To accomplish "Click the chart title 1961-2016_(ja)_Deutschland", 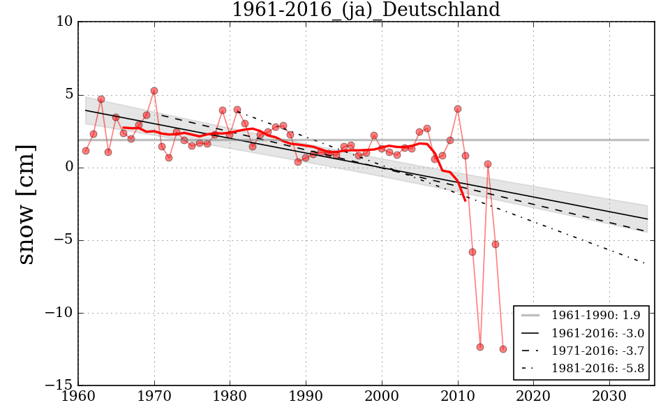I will pos(366,10).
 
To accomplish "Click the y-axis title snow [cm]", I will pos(26,204).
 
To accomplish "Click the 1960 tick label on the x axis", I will pos(78,396).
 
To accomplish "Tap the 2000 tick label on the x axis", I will pos(382,396).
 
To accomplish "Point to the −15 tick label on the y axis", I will pos(59,385).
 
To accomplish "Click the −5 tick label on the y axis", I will pos(62,240).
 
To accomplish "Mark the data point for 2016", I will pos(503,349).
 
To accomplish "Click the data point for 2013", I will pos(480,347).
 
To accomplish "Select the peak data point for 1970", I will pos(154,91).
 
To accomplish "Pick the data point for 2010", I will pos(458,109).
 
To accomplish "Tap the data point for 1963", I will pos(101,99).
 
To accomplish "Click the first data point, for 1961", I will pos(86,151).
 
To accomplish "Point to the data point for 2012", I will pos(472,252).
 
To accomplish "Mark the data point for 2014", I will pos(488,164).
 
